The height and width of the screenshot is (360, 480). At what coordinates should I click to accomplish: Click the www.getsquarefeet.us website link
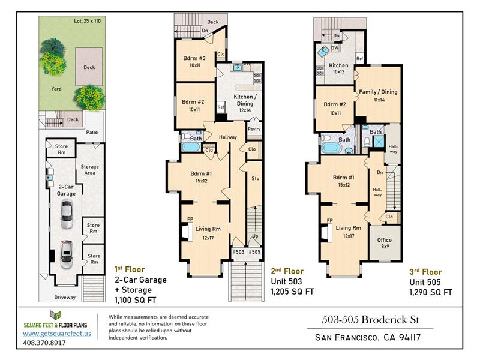point(57,334)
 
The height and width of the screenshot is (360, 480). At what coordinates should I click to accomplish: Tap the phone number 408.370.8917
point(44,343)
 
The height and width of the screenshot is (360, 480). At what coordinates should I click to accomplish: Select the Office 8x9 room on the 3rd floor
point(385,243)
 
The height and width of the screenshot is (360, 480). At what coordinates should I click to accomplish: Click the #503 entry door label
point(238,251)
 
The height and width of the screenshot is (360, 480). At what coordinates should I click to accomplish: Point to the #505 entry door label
point(254,251)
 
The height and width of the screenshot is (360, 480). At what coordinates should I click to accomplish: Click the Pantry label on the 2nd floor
point(254,129)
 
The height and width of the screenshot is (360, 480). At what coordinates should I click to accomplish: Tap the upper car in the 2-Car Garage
point(67,215)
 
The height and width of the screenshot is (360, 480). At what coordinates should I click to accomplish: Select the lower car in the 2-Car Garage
point(67,255)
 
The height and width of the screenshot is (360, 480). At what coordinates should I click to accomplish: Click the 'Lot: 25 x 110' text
point(87,21)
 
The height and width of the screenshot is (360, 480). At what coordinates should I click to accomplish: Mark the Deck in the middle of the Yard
point(89,67)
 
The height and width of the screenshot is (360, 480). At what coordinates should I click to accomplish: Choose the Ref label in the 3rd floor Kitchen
point(359,58)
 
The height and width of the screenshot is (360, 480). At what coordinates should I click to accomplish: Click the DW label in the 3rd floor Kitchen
point(335,48)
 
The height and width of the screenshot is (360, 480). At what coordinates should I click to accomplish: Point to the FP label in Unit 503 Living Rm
point(190,219)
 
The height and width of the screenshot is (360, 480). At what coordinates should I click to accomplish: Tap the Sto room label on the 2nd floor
point(256,178)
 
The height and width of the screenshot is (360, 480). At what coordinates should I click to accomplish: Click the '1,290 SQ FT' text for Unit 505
point(431,292)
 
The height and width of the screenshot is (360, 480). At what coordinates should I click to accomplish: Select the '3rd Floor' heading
point(425,272)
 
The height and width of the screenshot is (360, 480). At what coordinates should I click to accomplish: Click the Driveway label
point(65,297)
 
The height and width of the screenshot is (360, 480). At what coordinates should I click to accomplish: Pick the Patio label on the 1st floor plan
point(92,132)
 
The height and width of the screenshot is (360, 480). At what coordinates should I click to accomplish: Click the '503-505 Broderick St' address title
point(370,320)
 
